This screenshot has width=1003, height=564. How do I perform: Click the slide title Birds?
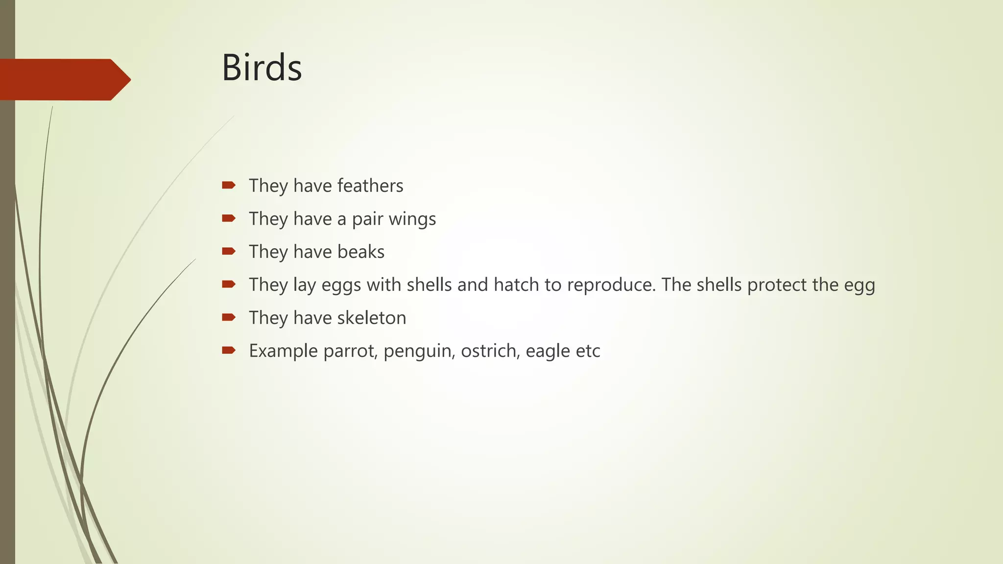(x=262, y=68)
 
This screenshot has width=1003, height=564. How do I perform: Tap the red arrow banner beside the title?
(x=64, y=79)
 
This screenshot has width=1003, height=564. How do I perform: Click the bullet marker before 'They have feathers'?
(x=229, y=185)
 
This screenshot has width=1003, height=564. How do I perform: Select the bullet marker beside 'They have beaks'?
(x=229, y=251)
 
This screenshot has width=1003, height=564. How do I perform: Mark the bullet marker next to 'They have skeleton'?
(x=229, y=317)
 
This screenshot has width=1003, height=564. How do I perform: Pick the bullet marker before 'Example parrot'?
(x=229, y=350)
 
